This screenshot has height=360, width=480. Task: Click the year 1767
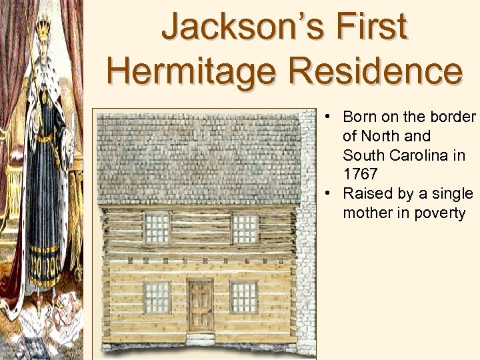pos(360,174)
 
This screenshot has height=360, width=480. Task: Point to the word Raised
pos(365,193)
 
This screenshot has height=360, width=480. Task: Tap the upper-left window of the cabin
pos(157,228)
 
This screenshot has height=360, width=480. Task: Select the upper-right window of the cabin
pos(244,228)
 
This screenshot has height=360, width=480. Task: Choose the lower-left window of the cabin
pos(157,297)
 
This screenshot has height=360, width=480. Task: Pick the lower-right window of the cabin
pos(244,297)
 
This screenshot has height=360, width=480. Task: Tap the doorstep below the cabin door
pos(200,339)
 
